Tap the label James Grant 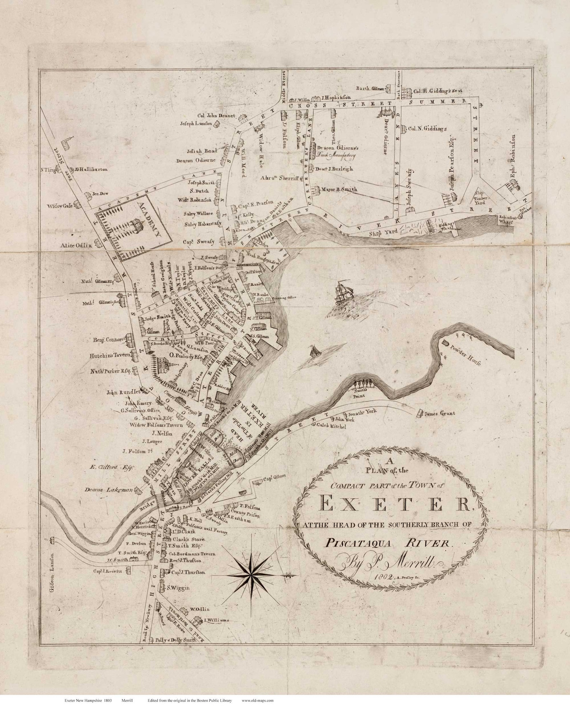click(439, 413)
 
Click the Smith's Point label click(359, 394)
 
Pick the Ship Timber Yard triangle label click(480, 199)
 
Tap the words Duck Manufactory click(336, 155)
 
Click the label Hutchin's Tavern click(109, 355)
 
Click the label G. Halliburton click(91, 169)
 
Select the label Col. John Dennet click(216, 115)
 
